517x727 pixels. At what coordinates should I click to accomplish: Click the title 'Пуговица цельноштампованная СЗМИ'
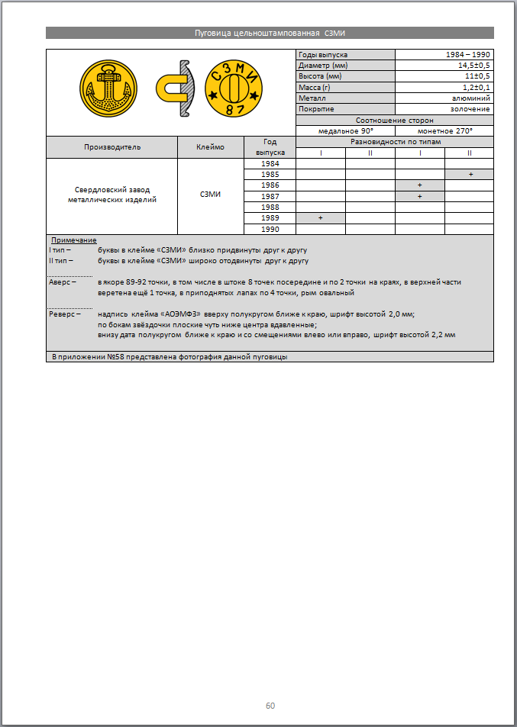coord(270,33)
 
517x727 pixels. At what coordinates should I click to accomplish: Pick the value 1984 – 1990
coord(467,55)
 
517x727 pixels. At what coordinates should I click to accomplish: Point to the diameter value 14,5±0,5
coord(473,66)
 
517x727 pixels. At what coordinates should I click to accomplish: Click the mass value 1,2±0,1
coord(476,88)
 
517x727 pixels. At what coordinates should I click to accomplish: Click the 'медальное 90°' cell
coord(345,130)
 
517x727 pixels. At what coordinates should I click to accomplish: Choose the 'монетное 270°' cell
coord(444,130)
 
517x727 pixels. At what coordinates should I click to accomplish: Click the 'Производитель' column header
coord(111,147)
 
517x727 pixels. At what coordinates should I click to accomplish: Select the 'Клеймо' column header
coord(210,147)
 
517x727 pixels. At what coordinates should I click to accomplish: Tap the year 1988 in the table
coord(270,207)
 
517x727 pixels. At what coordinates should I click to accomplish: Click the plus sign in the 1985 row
coord(470,175)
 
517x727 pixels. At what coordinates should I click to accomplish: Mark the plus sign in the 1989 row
coord(321,218)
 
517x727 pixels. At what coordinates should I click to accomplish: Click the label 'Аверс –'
coord(63,282)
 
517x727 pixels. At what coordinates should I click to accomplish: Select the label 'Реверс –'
coord(65,314)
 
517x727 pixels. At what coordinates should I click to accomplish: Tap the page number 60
coord(270,706)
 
